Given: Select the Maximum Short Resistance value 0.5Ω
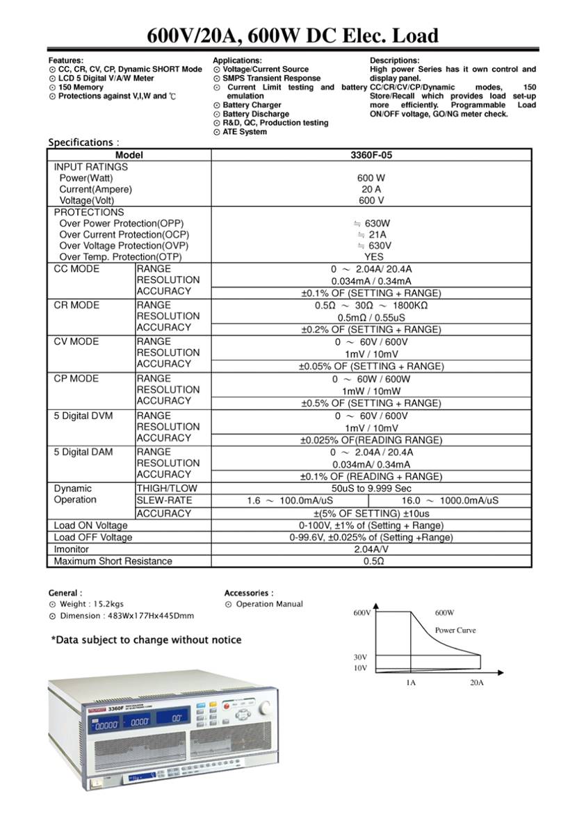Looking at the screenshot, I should tap(373, 561).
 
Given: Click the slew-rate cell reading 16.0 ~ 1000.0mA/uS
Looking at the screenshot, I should tap(450, 500).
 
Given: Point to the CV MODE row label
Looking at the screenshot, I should tap(76, 341).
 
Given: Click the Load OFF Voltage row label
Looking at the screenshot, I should tap(93, 537).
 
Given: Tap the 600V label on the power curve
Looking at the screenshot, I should tap(361, 613).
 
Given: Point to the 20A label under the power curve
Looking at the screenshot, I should tap(476, 683).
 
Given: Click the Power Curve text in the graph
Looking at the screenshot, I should tap(455, 630).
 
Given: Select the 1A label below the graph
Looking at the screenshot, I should tap(411, 683).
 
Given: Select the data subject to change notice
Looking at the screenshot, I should tap(146, 639).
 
